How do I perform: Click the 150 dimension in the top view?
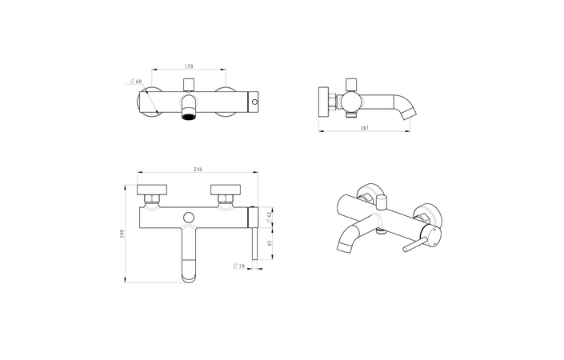click(x=190, y=66)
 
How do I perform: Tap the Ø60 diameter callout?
click(x=136, y=81)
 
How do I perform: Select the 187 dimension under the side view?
click(x=364, y=127)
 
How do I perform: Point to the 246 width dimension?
click(x=198, y=169)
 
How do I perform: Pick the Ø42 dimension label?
click(x=270, y=214)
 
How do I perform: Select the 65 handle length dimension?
click(x=270, y=242)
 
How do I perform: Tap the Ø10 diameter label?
click(x=238, y=266)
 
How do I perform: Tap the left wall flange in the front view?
click(x=152, y=193)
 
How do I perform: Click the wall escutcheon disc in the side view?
click(x=325, y=102)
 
